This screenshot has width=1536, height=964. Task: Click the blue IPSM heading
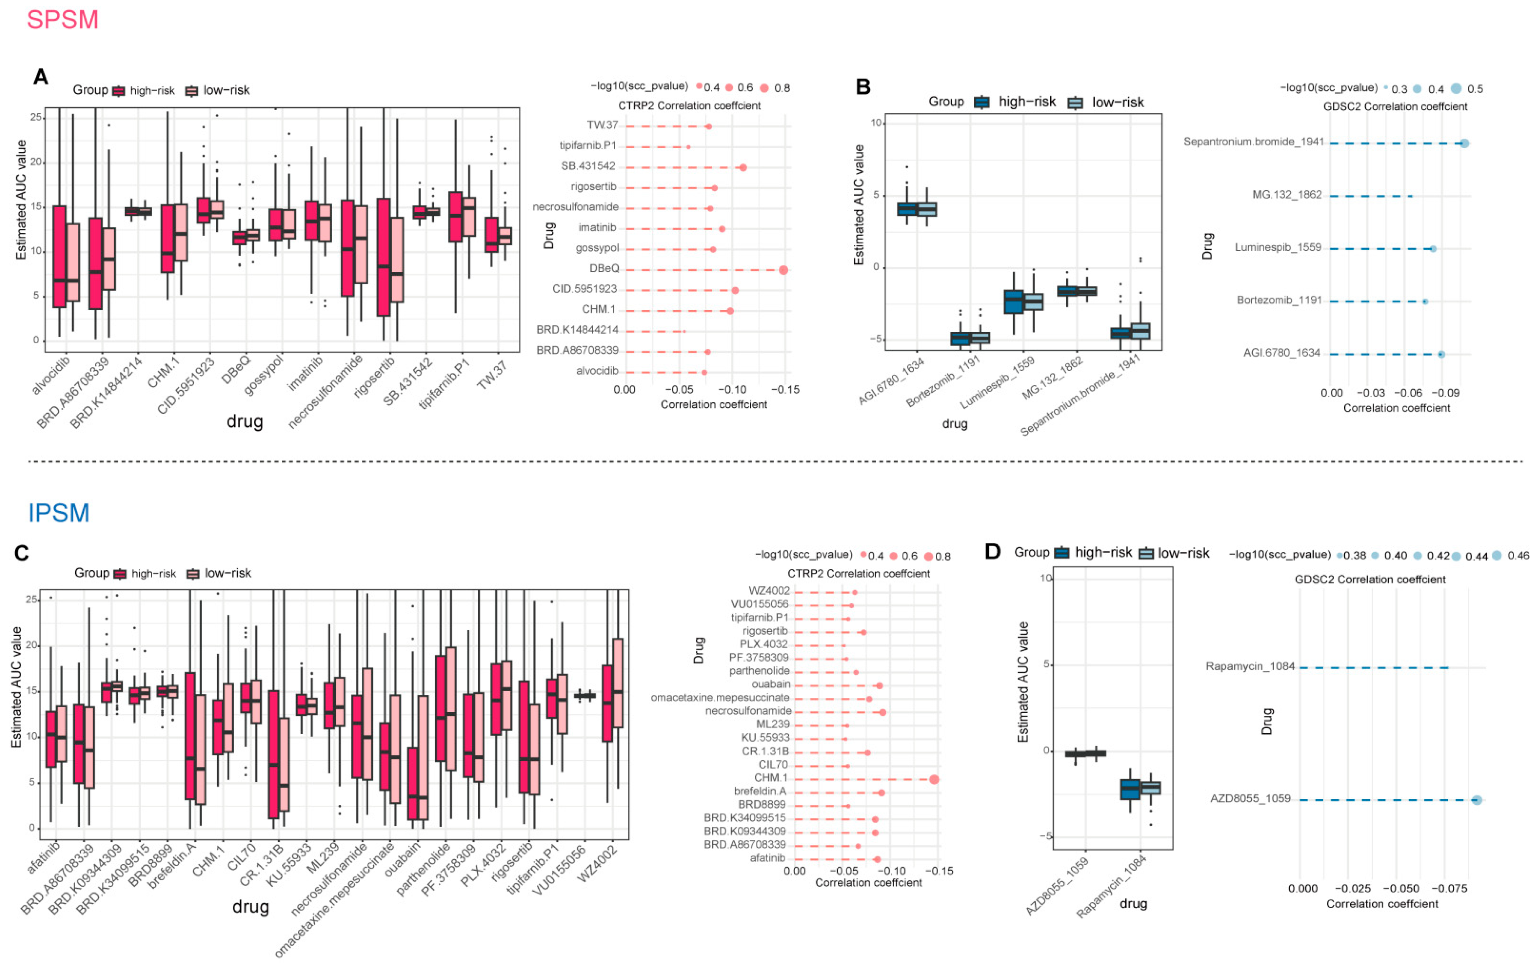(59, 513)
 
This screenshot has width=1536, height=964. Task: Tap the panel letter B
(863, 87)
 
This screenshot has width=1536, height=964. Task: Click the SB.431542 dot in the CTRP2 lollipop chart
(743, 167)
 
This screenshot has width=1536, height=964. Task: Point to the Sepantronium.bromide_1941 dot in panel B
(1464, 143)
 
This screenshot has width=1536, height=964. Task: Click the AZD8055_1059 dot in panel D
(1476, 800)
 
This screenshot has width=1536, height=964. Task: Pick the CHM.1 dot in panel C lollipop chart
(934, 779)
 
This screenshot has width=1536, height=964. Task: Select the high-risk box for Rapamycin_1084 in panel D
(1130, 789)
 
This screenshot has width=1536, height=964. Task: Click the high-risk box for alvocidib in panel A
(59, 256)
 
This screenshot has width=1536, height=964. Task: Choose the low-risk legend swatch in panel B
(1075, 103)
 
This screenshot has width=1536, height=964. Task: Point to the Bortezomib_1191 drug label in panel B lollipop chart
(1279, 300)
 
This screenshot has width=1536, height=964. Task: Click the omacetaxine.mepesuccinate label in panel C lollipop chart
(720, 697)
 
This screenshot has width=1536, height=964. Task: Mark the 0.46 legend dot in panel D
(1496, 555)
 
